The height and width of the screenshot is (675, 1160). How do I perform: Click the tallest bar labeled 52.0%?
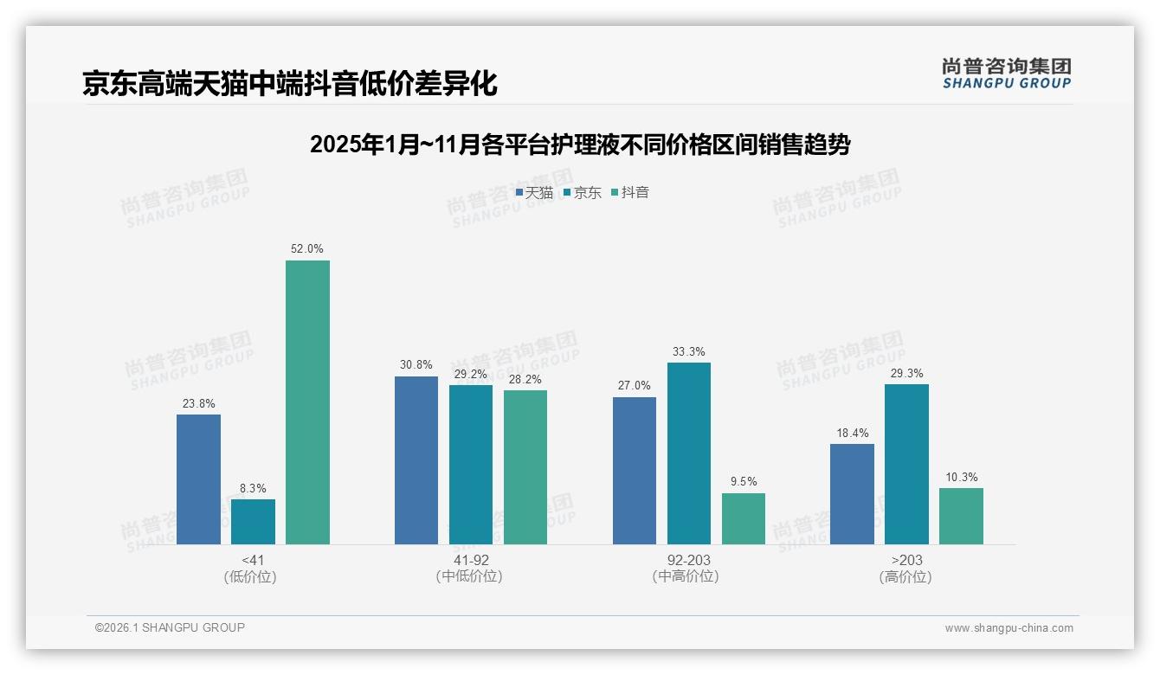click(x=307, y=402)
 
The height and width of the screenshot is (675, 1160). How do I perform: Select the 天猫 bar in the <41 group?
click(x=198, y=479)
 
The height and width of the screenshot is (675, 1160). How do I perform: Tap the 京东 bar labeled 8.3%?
click(x=253, y=522)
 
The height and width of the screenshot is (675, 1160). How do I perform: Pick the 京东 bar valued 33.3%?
click(x=689, y=453)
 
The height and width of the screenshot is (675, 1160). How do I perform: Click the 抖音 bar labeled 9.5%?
click(x=744, y=518)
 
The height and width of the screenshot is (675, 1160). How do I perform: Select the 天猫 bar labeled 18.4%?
click(x=852, y=494)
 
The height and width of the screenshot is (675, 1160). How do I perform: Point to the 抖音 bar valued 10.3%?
click(x=961, y=516)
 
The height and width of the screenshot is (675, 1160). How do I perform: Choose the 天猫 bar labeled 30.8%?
click(x=416, y=460)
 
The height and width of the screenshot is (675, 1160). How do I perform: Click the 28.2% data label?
click(x=525, y=379)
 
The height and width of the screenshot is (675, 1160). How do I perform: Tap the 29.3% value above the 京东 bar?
click(x=906, y=374)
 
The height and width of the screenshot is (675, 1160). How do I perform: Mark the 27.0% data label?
click(x=635, y=386)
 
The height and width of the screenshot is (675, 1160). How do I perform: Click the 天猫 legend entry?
click(x=534, y=193)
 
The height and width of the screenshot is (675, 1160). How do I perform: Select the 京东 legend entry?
click(x=583, y=193)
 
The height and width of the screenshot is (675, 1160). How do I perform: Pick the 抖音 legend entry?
click(x=630, y=193)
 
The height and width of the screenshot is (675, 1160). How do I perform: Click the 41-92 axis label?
click(x=470, y=561)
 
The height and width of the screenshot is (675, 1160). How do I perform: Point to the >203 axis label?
click(x=905, y=561)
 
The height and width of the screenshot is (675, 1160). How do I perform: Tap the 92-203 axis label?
click(x=688, y=561)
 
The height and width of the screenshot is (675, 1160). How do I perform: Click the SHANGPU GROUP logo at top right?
click(x=1006, y=74)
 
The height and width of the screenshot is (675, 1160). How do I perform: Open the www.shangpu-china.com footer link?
click(x=1009, y=628)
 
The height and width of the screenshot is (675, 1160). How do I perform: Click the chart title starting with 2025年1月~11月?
click(x=580, y=145)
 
